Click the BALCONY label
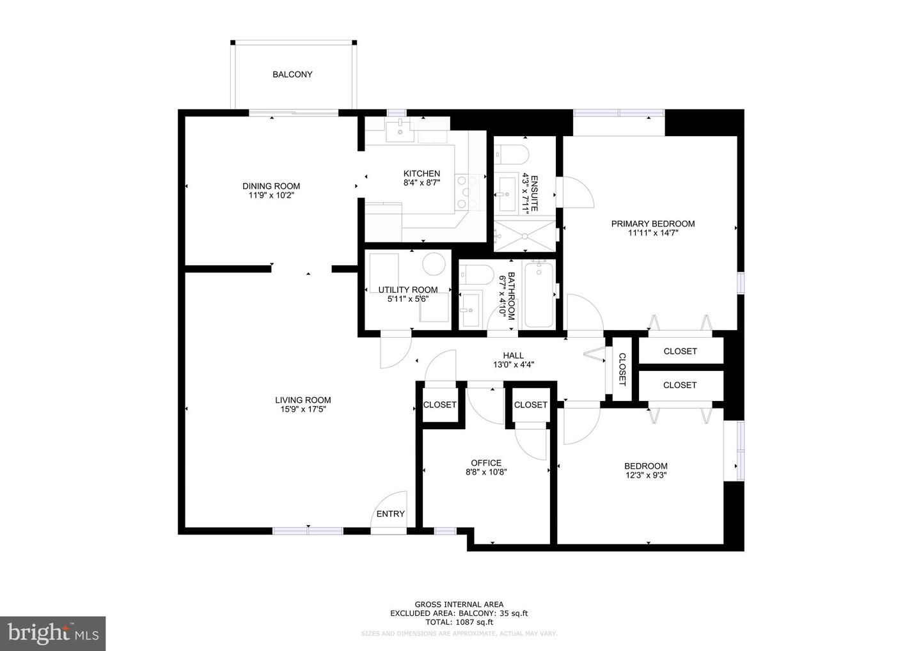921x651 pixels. pos(292,74)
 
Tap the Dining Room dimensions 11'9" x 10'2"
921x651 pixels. pos(271,196)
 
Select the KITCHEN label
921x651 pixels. pos(421,173)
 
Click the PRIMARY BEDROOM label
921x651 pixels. pos(652,224)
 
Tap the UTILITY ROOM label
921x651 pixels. pos(408,290)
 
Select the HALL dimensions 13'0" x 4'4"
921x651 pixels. pos(513,365)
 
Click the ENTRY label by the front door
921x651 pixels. pos(390,514)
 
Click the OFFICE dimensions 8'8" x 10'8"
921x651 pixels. pos(486,473)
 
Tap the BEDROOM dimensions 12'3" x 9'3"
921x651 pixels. pos(646,475)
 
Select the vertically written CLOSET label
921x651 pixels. pos(622,370)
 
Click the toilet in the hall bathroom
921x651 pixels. pos(476,274)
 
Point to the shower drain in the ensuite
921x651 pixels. pos(524,236)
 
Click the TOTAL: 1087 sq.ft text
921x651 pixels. pos(459,622)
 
